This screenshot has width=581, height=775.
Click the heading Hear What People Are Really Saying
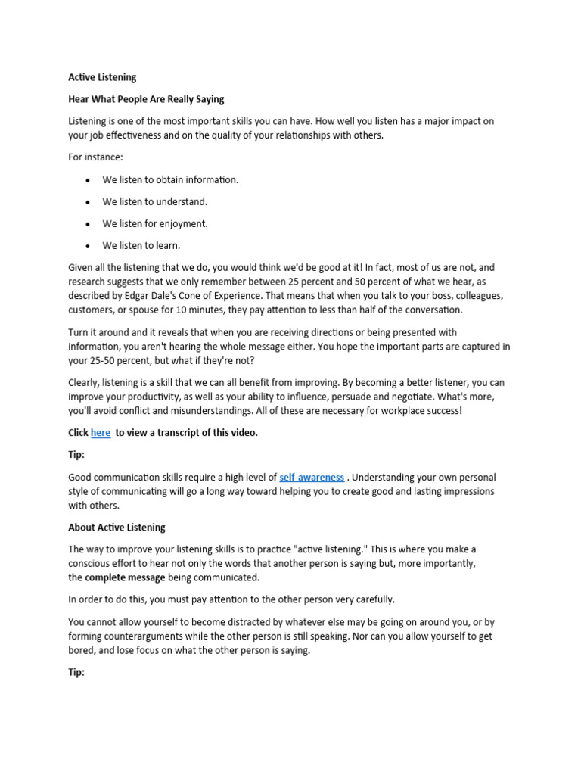[x=146, y=99]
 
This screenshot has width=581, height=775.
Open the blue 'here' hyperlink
[x=101, y=433]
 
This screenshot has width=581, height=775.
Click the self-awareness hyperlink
[x=312, y=478]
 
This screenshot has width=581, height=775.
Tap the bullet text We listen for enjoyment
[x=154, y=224]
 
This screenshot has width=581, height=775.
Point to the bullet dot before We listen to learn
[x=88, y=246]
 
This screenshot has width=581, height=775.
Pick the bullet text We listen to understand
[x=154, y=202]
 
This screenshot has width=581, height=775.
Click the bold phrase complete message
[x=125, y=577]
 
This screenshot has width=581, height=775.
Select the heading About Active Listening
[x=117, y=528]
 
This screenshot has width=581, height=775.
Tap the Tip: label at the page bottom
[x=77, y=672]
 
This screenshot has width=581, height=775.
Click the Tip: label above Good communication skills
[x=77, y=455]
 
